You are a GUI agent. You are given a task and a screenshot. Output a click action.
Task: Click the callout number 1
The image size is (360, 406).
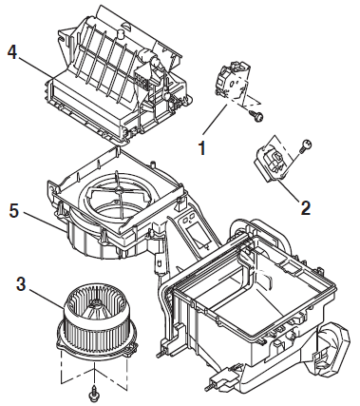point(202,148)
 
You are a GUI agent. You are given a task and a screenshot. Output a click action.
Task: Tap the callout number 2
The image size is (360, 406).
point(306,207)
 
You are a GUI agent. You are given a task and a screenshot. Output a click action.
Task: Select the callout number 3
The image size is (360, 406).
point(21,284)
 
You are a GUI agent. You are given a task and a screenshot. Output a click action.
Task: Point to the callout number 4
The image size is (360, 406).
point(12,52)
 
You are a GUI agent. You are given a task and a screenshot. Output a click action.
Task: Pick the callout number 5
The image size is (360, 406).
point(14,211)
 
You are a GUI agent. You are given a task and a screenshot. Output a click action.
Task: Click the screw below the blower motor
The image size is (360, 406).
point(93,393)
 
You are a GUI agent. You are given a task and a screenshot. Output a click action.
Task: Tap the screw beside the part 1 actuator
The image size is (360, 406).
point(257,116)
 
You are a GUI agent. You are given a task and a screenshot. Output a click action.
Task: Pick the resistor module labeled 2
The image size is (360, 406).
point(270,162)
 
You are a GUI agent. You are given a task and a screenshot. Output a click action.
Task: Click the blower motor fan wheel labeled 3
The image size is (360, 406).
point(97,318)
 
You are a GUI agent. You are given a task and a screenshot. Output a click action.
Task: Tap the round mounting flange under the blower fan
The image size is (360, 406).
point(97,342)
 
